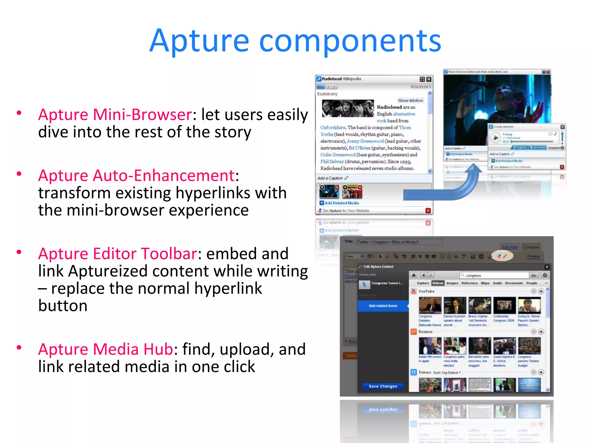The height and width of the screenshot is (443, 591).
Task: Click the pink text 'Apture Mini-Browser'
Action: click(115, 115)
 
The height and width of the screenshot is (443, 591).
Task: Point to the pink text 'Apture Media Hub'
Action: click(105, 349)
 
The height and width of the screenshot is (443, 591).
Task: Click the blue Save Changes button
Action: click(383, 386)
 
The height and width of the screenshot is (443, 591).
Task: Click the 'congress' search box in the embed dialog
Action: click(494, 275)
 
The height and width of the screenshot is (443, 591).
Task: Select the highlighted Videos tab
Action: click(437, 283)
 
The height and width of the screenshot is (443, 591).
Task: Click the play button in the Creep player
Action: click(495, 138)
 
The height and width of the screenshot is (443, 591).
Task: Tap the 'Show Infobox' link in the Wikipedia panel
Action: click(410, 100)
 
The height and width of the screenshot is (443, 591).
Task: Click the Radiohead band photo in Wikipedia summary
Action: click(348, 108)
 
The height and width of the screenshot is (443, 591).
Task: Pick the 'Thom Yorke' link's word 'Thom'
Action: click(405, 127)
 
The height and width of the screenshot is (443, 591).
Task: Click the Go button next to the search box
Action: click(533, 275)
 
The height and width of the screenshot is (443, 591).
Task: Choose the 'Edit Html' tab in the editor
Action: click(509, 247)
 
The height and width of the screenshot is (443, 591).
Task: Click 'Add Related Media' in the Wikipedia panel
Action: click(342, 203)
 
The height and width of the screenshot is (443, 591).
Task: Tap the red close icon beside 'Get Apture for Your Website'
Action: click(428, 211)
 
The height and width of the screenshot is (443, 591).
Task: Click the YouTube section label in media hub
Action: click(426, 291)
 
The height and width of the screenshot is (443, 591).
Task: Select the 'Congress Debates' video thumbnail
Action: click(430, 305)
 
